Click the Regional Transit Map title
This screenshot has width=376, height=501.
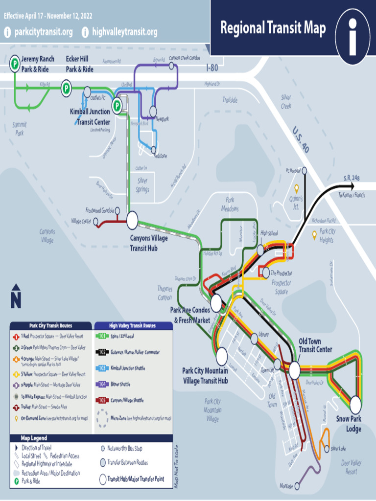pyautogui.click(x=273, y=28)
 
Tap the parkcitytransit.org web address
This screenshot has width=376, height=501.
pyautogui.click(x=43, y=32)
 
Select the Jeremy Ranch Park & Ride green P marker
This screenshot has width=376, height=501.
pyautogui.click(x=15, y=62)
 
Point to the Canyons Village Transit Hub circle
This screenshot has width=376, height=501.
pyautogui.click(x=132, y=220)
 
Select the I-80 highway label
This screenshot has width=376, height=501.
pyautogui.click(x=212, y=68)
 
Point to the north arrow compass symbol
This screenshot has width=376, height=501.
pyautogui.click(x=16, y=296)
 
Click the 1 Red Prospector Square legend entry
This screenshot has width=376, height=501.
pyautogui.click(x=49, y=337)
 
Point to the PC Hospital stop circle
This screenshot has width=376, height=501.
pyautogui.click(x=304, y=170)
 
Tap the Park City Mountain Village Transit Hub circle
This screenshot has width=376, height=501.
pyautogui.click(x=222, y=353)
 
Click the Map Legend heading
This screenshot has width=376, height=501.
pyautogui.click(x=34, y=438)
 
